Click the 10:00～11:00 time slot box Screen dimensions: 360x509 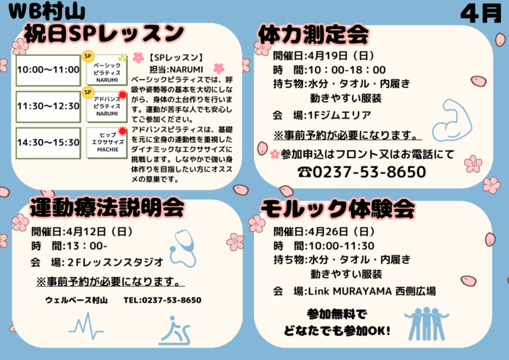[48, 70]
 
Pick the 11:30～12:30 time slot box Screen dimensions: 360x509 [48, 105]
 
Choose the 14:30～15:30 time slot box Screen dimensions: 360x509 [48, 142]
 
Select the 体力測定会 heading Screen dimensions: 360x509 [313, 34]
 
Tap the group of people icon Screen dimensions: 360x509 [427, 323]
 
